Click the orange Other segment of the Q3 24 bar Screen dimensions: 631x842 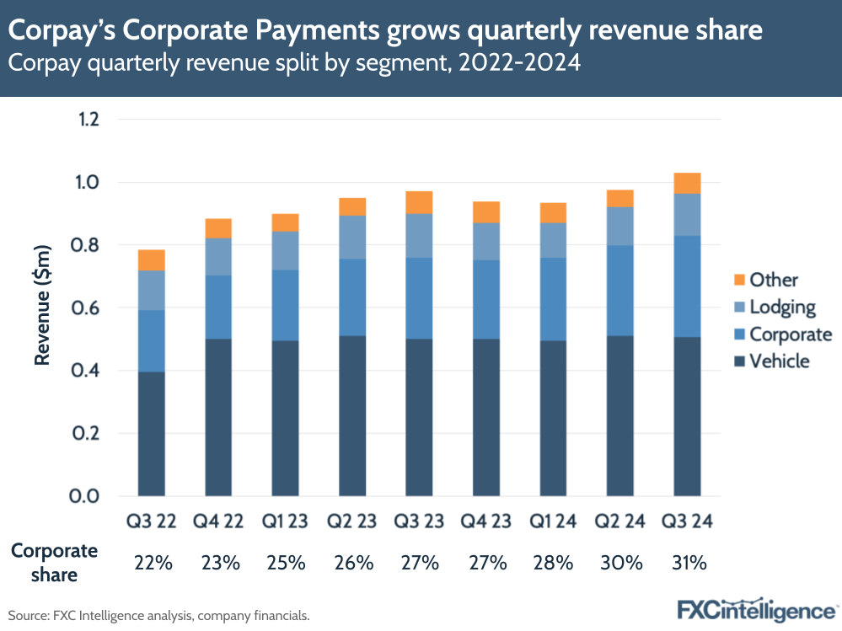[687, 183]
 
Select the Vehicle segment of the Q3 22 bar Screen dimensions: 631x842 [152, 433]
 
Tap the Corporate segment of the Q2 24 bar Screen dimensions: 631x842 [620, 291]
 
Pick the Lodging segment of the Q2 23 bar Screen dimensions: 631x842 [352, 237]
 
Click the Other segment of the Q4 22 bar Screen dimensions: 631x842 [218, 228]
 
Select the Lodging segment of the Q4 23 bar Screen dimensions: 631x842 [486, 242]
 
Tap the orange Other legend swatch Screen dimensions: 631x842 [740, 280]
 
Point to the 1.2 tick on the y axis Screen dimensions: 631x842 [88, 120]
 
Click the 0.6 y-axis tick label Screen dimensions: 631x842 [88, 308]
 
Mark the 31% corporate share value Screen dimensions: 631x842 [688, 563]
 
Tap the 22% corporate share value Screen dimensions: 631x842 [153, 563]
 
